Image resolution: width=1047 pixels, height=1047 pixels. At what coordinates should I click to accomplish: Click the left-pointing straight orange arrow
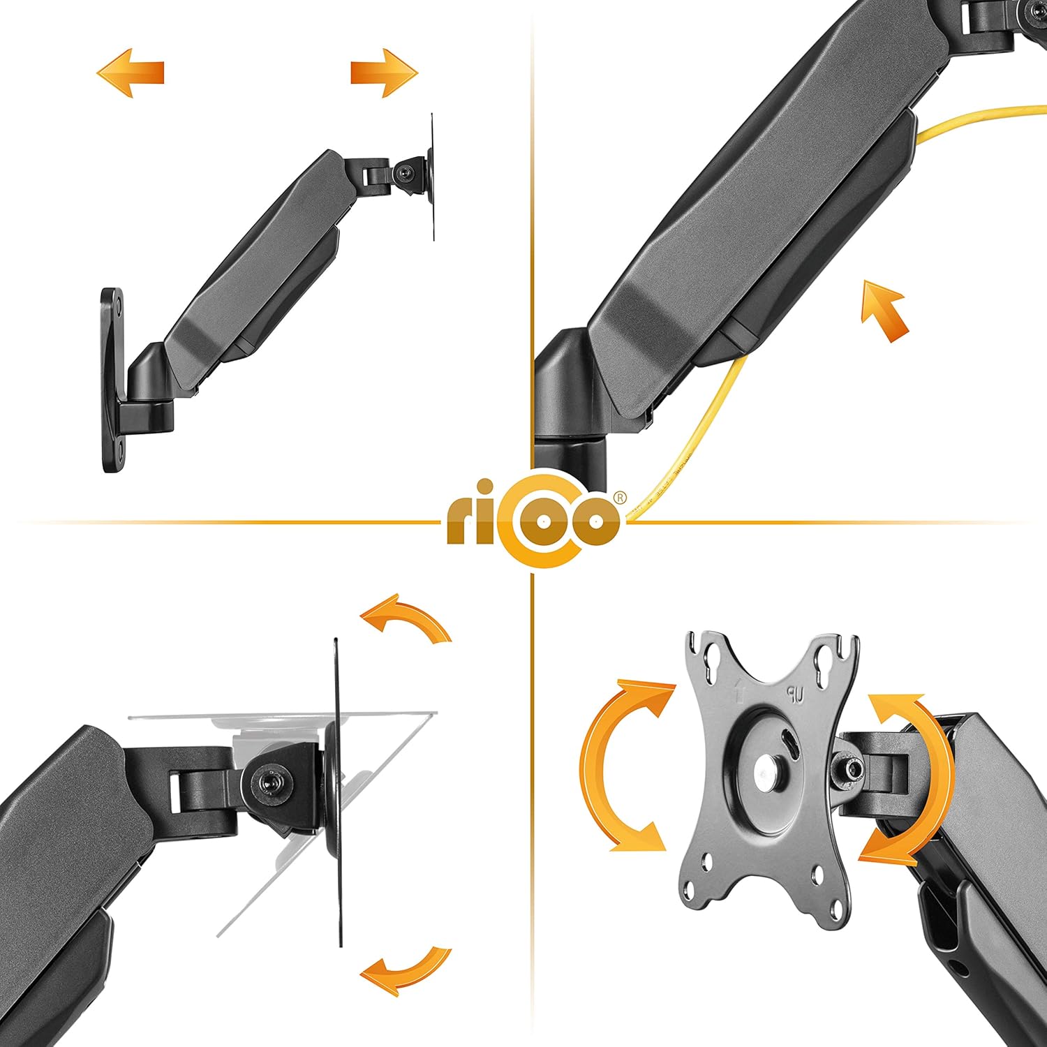coord(131,73)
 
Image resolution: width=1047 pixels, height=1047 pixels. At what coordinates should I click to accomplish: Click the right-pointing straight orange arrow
coord(384,73)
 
